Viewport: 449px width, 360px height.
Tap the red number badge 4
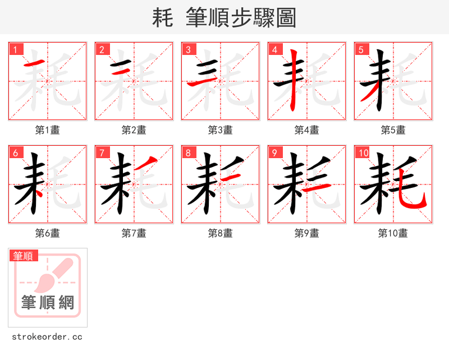pos(274,49)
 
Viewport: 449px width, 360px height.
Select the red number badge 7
pos(102,153)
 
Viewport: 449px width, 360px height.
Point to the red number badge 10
pos(363,153)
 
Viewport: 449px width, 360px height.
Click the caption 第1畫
pos(48,130)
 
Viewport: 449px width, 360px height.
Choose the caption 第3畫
pos(221,130)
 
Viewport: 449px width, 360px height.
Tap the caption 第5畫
pos(393,130)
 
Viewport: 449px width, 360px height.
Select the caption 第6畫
pos(48,233)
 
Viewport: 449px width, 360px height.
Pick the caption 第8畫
pos(221,233)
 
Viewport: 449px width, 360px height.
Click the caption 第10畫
pos(393,233)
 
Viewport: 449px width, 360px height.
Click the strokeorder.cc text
pos(47,337)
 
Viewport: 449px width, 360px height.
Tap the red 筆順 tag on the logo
pos(24,256)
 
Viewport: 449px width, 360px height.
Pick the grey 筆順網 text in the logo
pos(48,303)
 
